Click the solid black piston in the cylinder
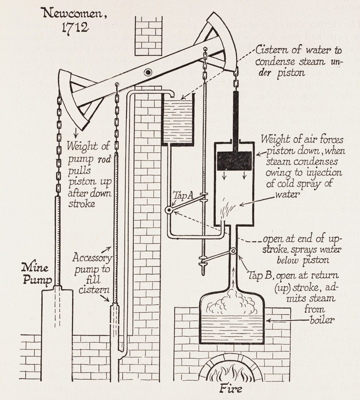(234, 160)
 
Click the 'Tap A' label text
(183, 195)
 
